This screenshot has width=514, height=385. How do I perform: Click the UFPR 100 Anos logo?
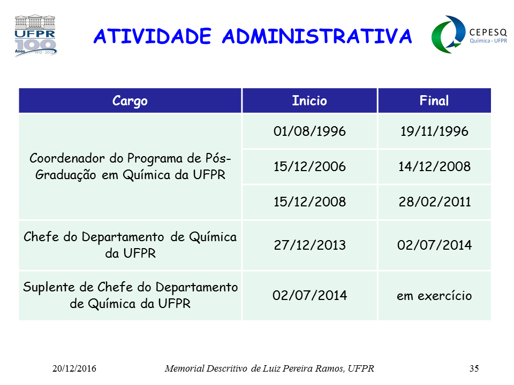[36, 35]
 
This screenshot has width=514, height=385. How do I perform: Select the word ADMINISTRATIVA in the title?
[317, 36]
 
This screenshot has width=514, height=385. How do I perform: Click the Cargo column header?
[130, 101]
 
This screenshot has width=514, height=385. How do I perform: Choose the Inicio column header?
[309, 101]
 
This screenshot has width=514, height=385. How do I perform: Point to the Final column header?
[434, 101]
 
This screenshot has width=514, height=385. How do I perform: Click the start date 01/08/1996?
[309, 132]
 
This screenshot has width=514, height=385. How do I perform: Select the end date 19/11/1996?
[434, 132]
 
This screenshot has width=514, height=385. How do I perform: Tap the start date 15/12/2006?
[309, 167]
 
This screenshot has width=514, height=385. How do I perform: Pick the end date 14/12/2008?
[434, 167]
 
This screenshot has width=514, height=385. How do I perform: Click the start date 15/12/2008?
[309, 202]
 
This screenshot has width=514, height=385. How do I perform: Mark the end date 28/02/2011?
[434, 202]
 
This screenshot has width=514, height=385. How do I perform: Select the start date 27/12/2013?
[309, 245]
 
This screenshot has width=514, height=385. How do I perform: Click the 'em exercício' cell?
[434, 296]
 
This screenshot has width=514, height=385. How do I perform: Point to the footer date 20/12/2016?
[74, 368]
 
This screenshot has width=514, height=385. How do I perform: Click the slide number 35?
[474, 368]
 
